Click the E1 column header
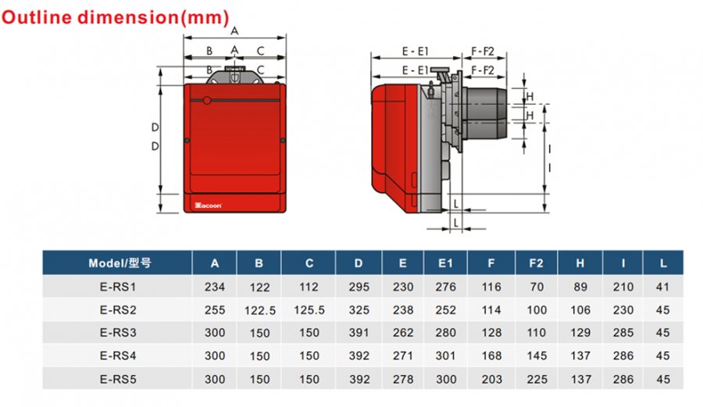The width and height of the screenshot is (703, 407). [x=445, y=263]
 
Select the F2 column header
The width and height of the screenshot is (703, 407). [x=536, y=263]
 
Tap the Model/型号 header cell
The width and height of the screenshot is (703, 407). [x=120, y=263]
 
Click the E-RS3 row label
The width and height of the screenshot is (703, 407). [x=118, y=333]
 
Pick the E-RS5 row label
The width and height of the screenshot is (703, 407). [x=118, y=379]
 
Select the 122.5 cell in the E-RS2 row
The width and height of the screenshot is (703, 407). [x=259, y=310]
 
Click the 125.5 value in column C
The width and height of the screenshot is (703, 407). [x=309, y=310]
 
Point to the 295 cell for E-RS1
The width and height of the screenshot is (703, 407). [x=359, y=287]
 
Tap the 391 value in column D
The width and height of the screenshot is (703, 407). [x=359, y=333]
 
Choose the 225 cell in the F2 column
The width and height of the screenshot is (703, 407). [x=537, y=379]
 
